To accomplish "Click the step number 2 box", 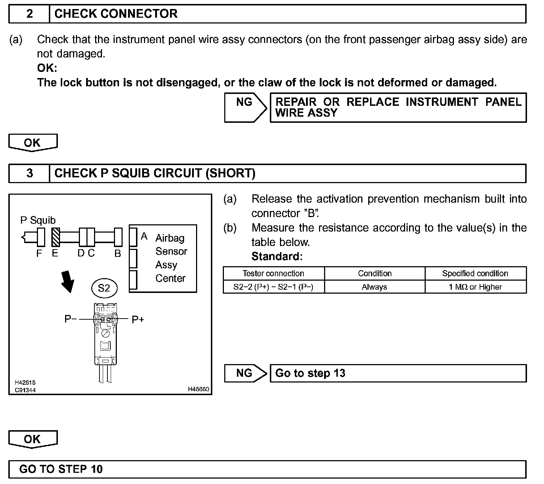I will (x=29, y=14).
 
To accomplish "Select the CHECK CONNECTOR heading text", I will (x=116, y=14).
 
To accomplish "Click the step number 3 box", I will (x=29, y=173).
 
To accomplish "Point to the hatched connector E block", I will (x=55, y=237).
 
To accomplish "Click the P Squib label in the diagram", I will (x=38, y=220).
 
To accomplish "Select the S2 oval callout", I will (x=104, y=288).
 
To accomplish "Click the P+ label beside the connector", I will (x=138, y=319).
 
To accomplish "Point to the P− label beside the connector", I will (x=71, y=319).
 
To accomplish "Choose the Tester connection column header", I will (x=273, y=273).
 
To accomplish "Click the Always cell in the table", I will (x=374, y=287).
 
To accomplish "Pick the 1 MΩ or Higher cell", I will (x=475, y=287).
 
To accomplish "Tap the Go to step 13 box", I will (x=398, y=373).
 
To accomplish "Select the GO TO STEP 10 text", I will (x=61, y=469).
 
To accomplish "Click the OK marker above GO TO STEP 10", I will (x=33, y=439).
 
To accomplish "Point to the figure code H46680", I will (x=198, y=389).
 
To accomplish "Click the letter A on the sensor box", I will (x=144, y=236).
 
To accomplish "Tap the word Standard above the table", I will (x=277, y=256).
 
